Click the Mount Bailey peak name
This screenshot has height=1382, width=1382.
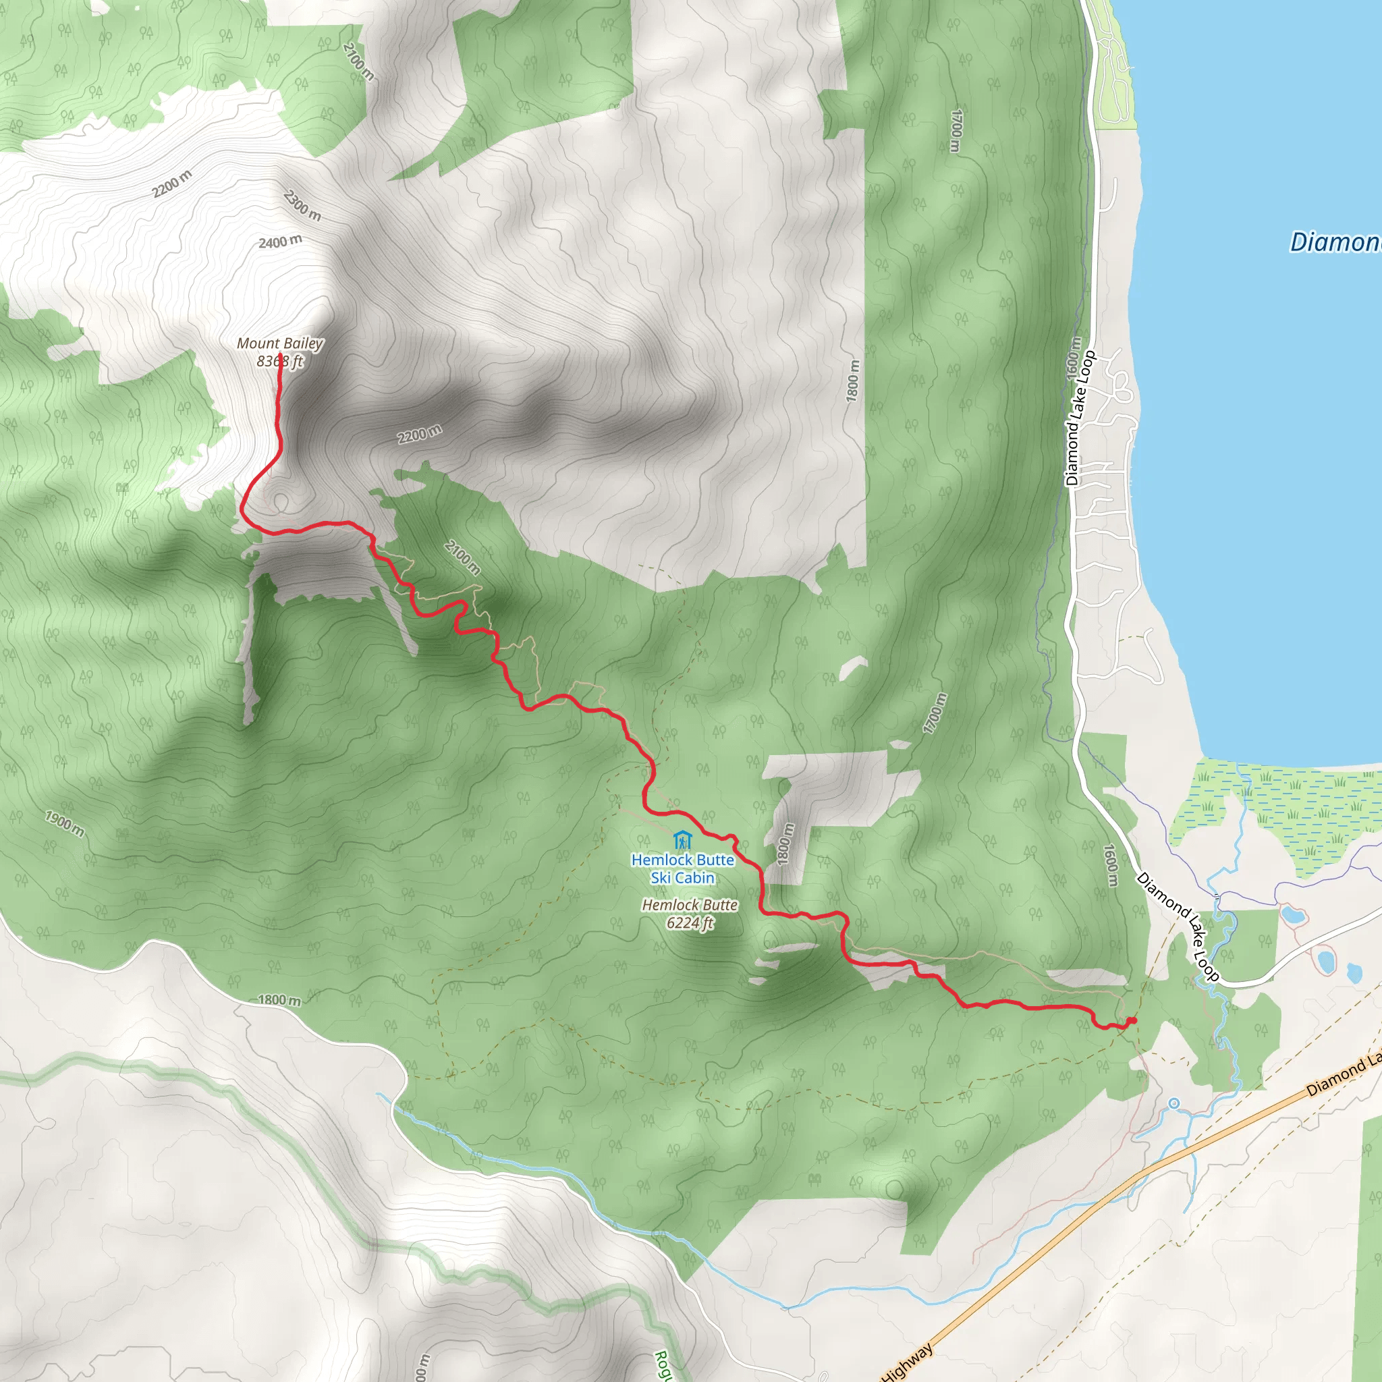pos(279,344)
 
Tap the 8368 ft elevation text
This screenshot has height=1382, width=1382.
pos(279,362)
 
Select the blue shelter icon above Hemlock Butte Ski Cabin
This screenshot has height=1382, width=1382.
pos(682,839)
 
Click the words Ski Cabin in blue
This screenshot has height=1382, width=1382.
pos(682,878)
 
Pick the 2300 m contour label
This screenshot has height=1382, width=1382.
pos(302,206)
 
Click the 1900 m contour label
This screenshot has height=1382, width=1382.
pos(64,823)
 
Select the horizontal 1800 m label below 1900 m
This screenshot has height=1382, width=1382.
pos(279,1000)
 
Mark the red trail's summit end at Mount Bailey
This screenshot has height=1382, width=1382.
pos(279,356)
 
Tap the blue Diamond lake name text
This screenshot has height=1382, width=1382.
pos(1335,242)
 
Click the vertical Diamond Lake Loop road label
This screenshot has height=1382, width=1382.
pos(1080,418)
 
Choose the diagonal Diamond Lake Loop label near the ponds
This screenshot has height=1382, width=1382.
pos(1178,927)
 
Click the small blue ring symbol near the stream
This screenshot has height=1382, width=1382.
pos(1174,1104)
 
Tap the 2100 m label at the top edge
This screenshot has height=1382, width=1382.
pos(358,62)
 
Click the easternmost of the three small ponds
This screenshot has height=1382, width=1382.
pos(1354,972)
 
